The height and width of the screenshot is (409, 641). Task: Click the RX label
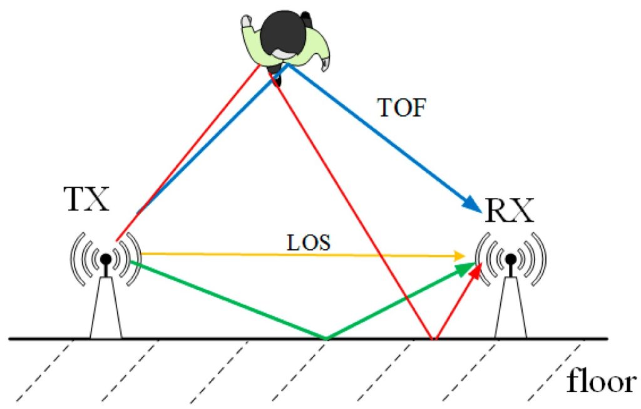(x=509, y=212)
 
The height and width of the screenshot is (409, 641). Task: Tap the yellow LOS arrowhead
(x=459, y=256)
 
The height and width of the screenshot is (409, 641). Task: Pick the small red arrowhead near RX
(x=478, y=271)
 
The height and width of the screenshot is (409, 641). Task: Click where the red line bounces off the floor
(x=433, y=339)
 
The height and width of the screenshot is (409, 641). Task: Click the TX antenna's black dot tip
(x=106, y=258)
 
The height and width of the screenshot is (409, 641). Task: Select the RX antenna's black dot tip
(x=511, y=257)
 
